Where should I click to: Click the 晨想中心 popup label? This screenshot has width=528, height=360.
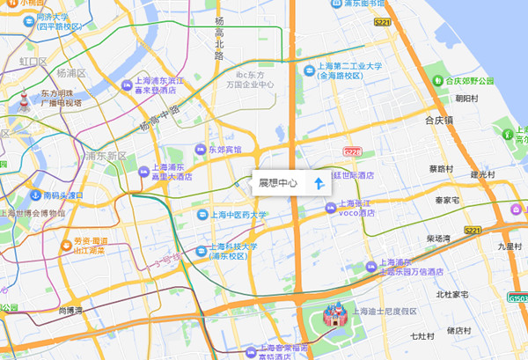pyautogui.click(x=277, y=184)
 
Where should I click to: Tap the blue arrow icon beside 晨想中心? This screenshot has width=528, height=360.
pyautogui.click(x=319, y=184)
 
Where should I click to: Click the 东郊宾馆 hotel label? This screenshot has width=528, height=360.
pyautogui.click(x=224, y=150)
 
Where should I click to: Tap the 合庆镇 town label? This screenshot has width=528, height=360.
pyautogui.click(x=437, y=120)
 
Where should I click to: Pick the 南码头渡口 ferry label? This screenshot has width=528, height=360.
pyautogui.click(x=62, y=195)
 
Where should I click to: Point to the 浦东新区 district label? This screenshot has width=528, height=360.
pyautogui.click(x=106, y=157)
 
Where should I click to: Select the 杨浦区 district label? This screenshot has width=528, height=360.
pyautogui.click(x=70, y=73)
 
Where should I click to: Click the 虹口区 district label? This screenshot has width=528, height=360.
pyautogui.click(x=33, y=62)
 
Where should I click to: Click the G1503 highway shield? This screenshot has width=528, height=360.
pyautogui.click(x=517, y=297)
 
